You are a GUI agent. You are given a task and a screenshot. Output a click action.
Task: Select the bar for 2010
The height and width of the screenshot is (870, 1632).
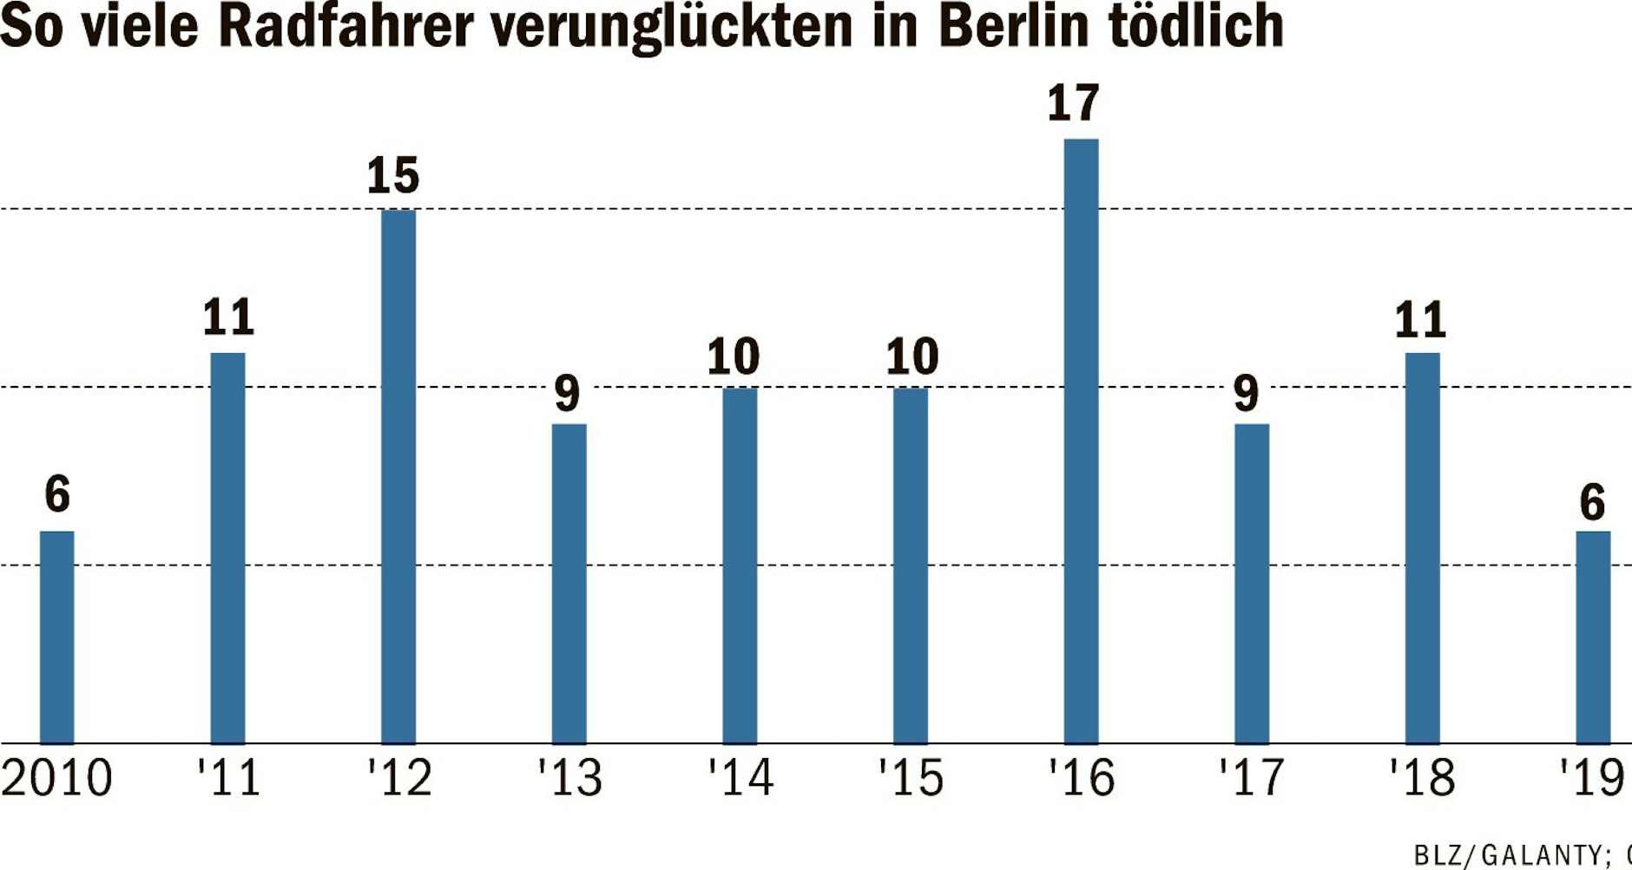(57, 638)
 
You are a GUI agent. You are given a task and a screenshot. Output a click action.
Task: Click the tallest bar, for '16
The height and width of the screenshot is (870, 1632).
(1081, 441)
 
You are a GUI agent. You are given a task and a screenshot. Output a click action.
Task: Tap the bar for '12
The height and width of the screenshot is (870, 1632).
(398, 476)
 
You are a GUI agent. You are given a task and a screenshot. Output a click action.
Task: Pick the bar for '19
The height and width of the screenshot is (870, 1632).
(1593, 638)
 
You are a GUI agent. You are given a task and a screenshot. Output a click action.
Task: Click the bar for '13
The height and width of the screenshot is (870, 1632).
(569, 583)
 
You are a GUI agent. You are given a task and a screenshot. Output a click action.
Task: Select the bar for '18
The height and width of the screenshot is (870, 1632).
(1422, 547)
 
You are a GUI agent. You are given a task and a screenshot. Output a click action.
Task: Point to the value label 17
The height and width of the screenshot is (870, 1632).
(1073, 103)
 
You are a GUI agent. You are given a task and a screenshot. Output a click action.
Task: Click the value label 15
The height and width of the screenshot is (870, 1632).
(392, 175)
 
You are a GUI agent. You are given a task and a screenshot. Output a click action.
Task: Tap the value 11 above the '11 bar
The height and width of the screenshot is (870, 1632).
(228, 317)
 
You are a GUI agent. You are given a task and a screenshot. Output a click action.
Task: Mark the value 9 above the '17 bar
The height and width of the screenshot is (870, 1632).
(1246, 393)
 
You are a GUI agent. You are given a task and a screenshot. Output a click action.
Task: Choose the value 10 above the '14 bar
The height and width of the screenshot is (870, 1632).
(733, 357)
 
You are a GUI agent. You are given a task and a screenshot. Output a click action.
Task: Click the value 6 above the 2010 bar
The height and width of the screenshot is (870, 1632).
(57, 494)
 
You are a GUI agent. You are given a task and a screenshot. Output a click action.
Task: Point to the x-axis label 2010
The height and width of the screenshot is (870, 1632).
(56, 778)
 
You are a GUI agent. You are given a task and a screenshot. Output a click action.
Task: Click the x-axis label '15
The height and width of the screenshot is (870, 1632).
(911, 778)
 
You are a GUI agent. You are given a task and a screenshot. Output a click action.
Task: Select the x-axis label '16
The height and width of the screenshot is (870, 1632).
(1081, 778)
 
